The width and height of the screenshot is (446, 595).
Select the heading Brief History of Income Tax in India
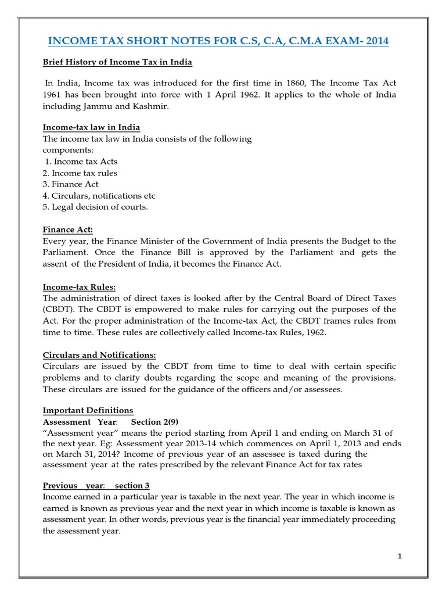[118, 62]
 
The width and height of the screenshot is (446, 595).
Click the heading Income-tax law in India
[91, 127]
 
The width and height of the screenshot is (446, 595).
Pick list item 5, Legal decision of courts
[95, 207]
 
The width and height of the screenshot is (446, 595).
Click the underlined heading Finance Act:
[68, 230]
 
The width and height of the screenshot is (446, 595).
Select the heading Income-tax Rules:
[80, 286]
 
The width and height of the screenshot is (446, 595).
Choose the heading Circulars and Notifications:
[100, 355]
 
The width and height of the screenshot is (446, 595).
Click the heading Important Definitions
[88, 411]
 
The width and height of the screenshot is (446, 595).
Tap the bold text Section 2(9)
[150, 421]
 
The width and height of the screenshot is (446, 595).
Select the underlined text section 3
[132, 486]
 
